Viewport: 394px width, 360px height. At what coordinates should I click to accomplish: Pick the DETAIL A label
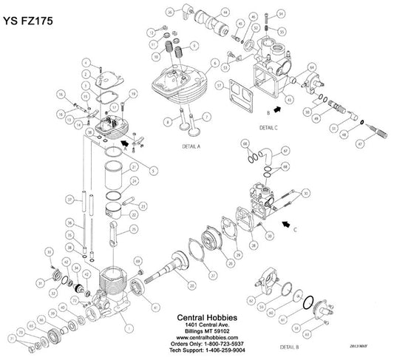191,147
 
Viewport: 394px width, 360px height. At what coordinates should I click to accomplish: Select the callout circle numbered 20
191,285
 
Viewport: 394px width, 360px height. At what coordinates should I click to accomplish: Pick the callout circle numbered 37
68,200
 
